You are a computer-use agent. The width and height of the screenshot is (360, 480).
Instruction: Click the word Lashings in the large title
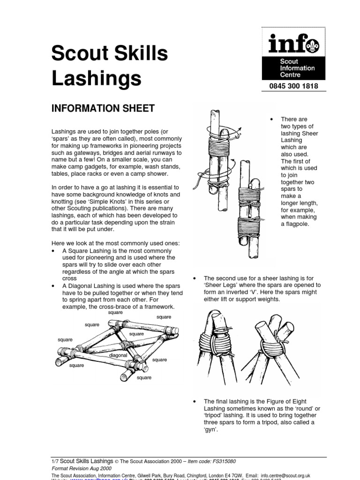(x=96, y=78)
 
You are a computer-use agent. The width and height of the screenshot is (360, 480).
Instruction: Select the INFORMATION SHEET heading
(x=103, y=109)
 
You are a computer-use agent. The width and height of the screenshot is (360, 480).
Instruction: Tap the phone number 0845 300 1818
(x=293, y=86)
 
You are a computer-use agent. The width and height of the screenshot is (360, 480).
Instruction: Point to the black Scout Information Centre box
(x=293, y=67)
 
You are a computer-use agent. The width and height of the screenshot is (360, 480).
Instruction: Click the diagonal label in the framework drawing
(x=118, y=355)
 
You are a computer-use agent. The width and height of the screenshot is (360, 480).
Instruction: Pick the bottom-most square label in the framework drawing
(x=144, y=377)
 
